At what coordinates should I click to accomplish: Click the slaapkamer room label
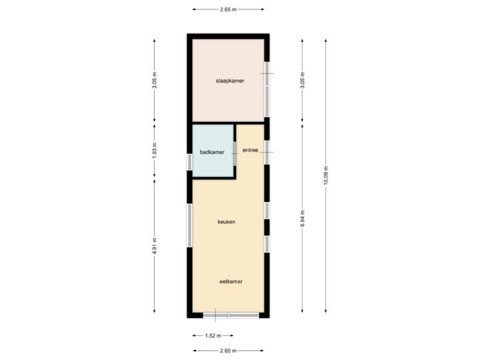coord(229,81)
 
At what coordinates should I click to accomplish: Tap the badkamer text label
coord(212,153)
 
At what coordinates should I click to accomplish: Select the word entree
coord(250,151)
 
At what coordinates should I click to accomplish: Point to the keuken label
coord(227,221)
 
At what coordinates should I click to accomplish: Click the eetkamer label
coord(231,281)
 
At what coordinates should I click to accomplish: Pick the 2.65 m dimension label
coord(228,9)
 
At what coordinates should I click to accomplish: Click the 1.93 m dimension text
coord(155,151)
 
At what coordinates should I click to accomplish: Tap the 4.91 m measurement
coord(155,245)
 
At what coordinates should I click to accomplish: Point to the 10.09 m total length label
coord(325,176)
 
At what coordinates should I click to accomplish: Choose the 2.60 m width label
coord(228,350)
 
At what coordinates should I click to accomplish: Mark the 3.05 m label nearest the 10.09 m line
coord(302,81)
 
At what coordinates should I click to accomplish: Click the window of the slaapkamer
coord(267,88)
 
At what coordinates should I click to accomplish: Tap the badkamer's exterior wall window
coord(189,160)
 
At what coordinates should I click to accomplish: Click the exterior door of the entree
coord(267,151)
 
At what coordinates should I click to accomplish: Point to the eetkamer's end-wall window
coord(231,315)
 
